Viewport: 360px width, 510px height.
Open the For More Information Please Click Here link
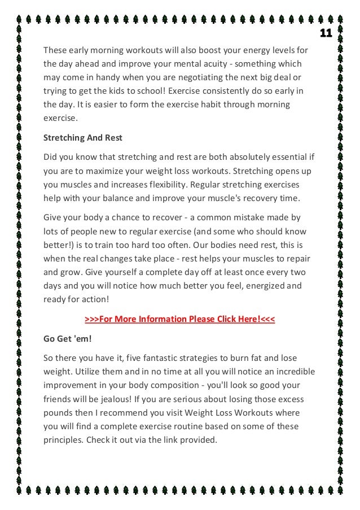click(x=179, y=320)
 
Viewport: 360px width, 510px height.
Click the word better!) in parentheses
click(x=60, y=245)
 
